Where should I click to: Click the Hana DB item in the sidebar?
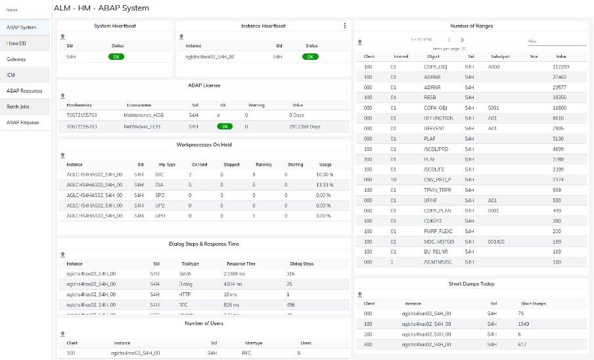pyautogui.click(x=16, y=43)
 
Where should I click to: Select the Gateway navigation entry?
pyautogui.click(x=16, y=59)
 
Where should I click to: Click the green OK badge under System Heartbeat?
pyautogui.click(x=116, y=57)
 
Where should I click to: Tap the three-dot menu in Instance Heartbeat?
pyautogui.click(x=345, y=26)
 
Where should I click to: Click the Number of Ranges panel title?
pyautogui.click(x=471, y=26)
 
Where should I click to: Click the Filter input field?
pyautogui.click(x=557, y=41)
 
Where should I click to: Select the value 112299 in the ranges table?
pyautogui.click(x=560, y=67)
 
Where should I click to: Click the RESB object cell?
pyautogui.click(x=432, y=97)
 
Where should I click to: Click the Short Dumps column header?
pyautogui.click(x=533, y=304)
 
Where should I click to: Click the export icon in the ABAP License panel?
pyautogui.click(x=62, y=95)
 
